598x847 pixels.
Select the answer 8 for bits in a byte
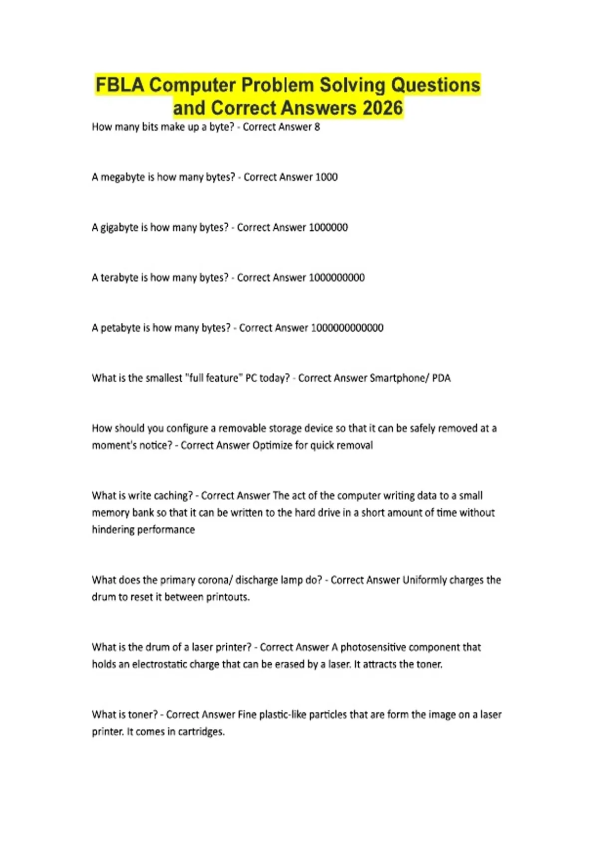(x=317, y=127)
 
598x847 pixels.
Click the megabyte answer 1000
(x=326, y=177)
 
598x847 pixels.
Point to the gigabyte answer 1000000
(x=328, y=228)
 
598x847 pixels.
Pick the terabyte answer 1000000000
(x=337, y=278)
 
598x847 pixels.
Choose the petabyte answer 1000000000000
(x=347, y=328)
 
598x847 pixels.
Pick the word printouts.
(x=227, y=597)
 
